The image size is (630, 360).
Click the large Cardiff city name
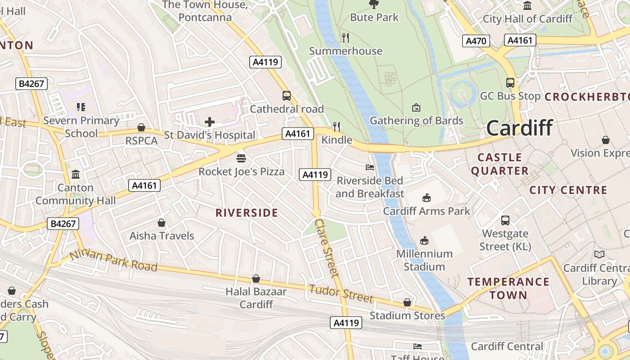coord(519,128)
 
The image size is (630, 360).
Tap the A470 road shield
coord(476,41)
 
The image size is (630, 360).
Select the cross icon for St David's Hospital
coord(210,121)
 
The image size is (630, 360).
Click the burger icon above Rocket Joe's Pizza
coord(241,158)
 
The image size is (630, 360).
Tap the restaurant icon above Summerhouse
coord(346,37)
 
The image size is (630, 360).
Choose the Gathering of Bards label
coord(416,121)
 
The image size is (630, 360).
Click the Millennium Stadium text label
coord(424,260)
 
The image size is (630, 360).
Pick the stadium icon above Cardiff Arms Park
coord(426,197)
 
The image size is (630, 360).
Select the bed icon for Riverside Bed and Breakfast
coord(370,167)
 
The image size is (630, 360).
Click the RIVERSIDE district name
coord(247,213)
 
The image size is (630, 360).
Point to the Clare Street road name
coord(327,247)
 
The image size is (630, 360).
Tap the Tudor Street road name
coord(341,293)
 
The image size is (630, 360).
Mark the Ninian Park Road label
coord(113,261)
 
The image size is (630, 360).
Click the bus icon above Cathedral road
coord(287,95)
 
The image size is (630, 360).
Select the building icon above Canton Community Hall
coord(76,174)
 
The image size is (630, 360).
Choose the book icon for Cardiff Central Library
coord(599,255)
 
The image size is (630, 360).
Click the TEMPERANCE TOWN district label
coord(508,288)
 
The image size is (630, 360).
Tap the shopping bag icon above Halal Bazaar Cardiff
coord(256,279)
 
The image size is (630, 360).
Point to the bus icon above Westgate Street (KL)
coord(505,220)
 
